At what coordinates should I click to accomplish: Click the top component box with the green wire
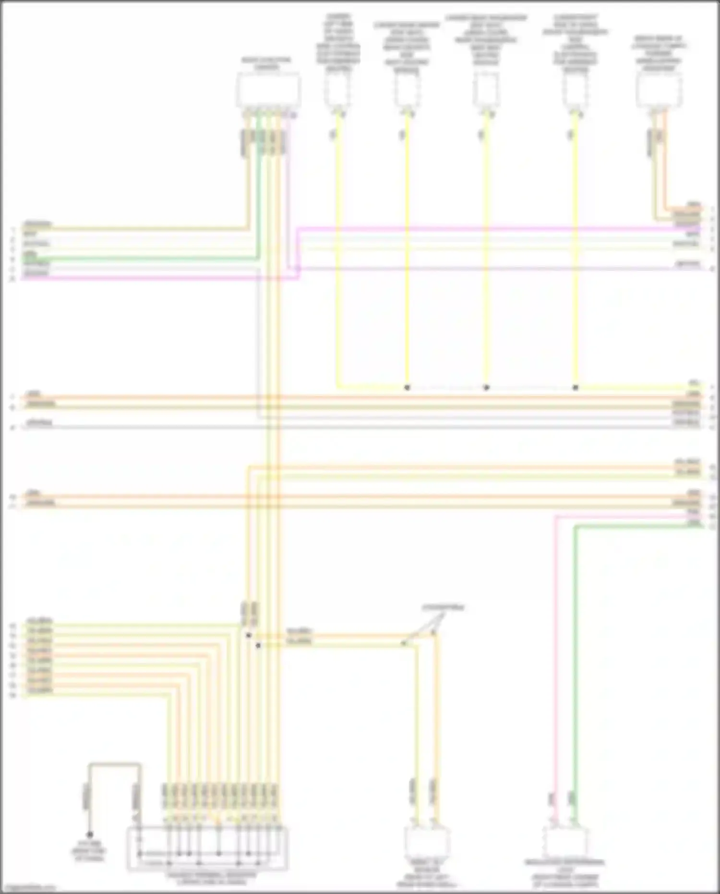pyautogui.click(x=268, y=90)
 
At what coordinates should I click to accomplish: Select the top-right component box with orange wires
pyautogui.click(x=659, y=90)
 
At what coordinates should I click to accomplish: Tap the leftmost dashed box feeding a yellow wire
pyautogui.click(x=337, y=90)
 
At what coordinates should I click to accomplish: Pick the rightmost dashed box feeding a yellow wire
pyautogui.click(x=575, y=90)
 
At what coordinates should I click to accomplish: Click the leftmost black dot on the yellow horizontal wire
pyautogui.click(x=407, y=387)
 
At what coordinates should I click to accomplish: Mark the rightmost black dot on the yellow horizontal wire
pyautogui.click(x=576, y=387)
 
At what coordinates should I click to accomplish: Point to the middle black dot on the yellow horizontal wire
pyautogui.click(x=486, y=387)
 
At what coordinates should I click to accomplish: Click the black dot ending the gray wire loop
pyautogui.click(x=90, y=835)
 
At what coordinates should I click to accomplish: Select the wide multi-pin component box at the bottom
pyautogui.click(x=207, y=848)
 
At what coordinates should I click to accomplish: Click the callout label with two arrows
pyautogui.click(x=443, y=608)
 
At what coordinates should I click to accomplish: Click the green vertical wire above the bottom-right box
pyautogui.click(x=575, y=673)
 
